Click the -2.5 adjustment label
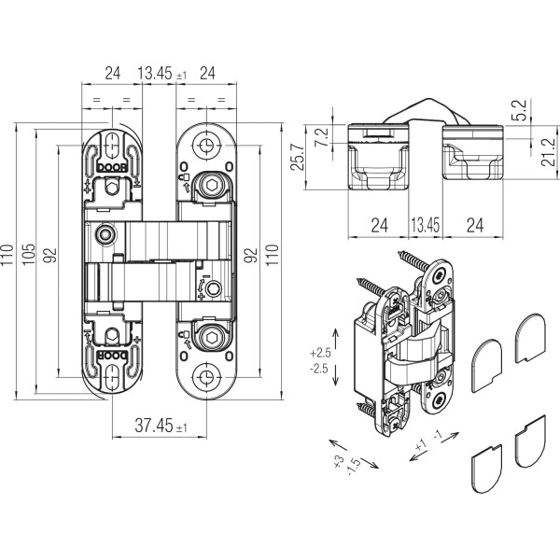pyautogui.click(x=321, y=370)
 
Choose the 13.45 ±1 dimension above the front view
pyautogui.click(x=161, y=72)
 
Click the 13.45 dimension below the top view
pyautogui.click(x=425, y=224)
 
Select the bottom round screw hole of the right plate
pyautogui.click(x=205, y=377)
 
